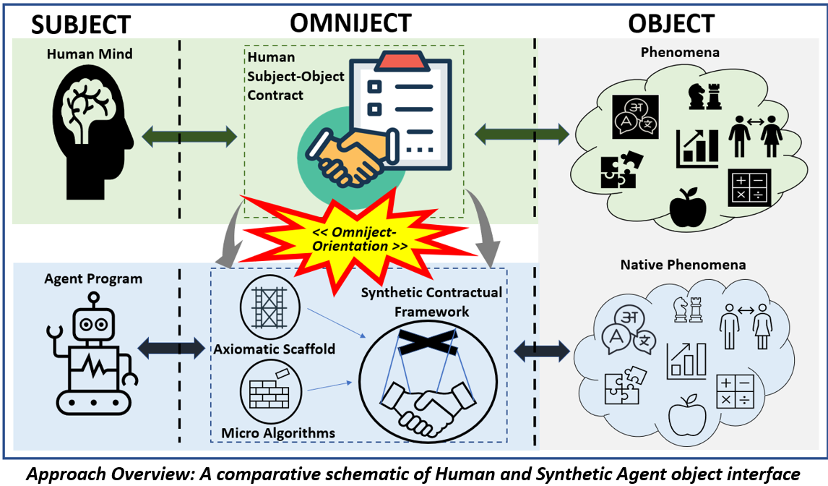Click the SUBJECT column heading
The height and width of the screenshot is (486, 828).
[x=80, y=25]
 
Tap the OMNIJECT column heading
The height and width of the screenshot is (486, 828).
[x=350, y=22]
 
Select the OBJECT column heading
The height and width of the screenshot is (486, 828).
[x=670, y=23]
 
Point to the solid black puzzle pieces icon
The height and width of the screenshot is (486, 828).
[x=618, y=169]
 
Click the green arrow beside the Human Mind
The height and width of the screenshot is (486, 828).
[x=190, y=135]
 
